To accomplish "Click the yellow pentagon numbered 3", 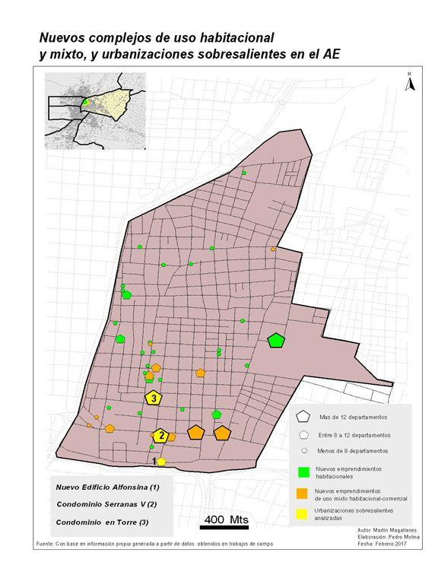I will click(154, 397).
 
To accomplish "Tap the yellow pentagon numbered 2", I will click(160, 436).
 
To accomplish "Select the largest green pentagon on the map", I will click(276, 341).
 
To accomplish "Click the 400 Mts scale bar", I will click(226, 524).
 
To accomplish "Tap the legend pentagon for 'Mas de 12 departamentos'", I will click(303, 417).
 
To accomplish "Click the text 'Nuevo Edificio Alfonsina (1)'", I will click(107, 487).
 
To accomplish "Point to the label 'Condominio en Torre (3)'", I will click(103, 522).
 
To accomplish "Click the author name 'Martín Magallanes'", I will click(392, 529).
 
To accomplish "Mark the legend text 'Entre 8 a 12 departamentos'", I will click(355, 435).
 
